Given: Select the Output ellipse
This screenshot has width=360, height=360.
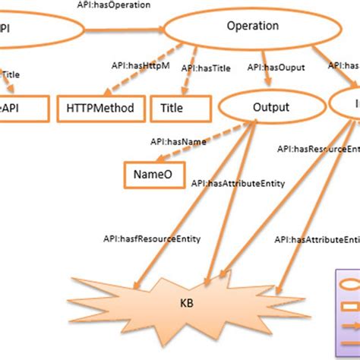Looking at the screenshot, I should tap(270, 108).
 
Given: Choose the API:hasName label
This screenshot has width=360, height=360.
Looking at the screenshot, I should tap(172, 141).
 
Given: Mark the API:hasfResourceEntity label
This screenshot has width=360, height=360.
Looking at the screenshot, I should tap(152, 238).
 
